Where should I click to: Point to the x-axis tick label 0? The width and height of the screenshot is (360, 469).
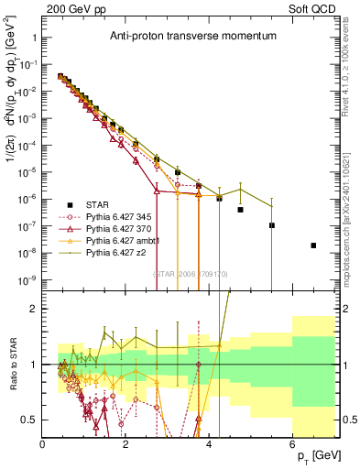point(43,444)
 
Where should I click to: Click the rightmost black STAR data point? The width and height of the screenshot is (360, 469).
point(313,245)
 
